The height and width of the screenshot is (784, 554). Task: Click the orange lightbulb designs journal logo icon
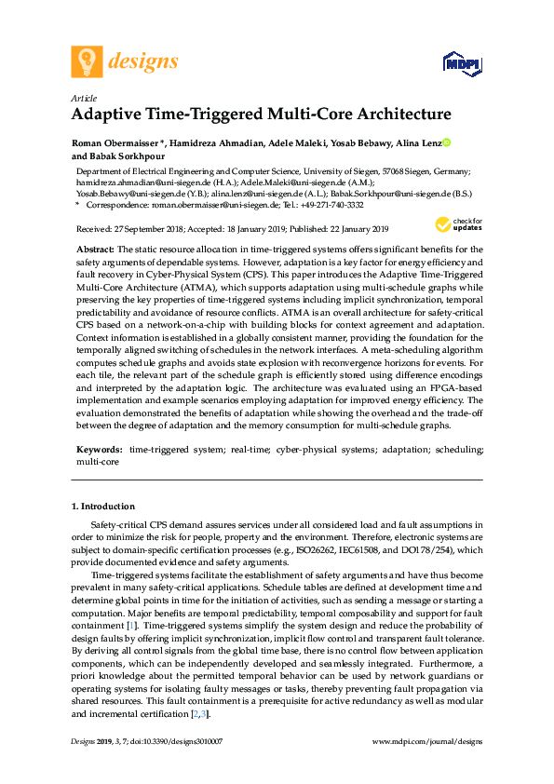(x=88, y=62)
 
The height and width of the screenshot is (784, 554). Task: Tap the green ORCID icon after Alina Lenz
(x=446, y=142)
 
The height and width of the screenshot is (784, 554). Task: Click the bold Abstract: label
(x=95, y=250)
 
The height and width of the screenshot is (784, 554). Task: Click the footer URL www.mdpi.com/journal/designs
(x=426, y=740)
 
